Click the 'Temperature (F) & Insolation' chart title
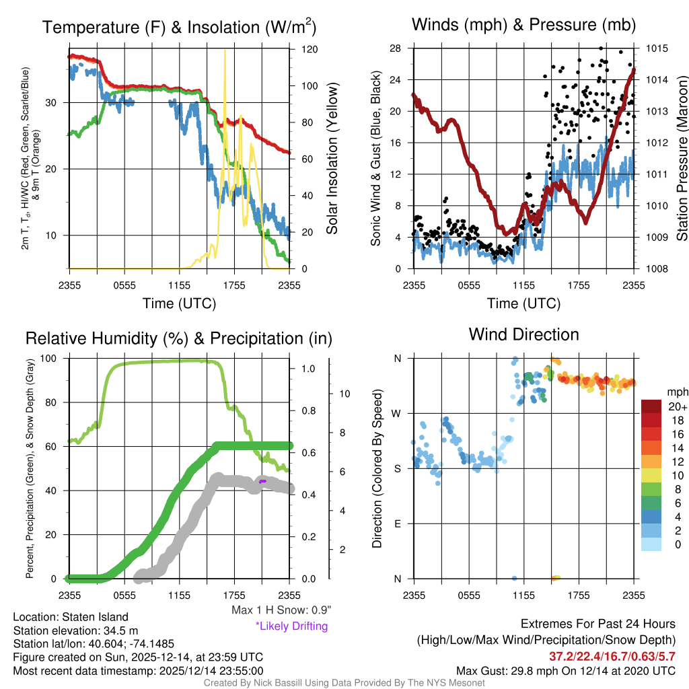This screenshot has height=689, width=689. pos(179,27)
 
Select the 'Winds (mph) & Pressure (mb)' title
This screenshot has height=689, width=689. pos(523,26)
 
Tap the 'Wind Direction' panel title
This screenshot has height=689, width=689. pos(523,334)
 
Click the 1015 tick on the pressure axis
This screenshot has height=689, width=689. pos(656,48)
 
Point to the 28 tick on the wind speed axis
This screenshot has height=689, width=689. pos(396,48)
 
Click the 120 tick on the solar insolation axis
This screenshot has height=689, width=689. pos(310,50)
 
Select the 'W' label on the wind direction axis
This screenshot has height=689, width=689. pos(397,414)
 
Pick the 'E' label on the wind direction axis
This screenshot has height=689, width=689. pos(398,523)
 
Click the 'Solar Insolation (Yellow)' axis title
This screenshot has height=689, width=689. pos(332,158)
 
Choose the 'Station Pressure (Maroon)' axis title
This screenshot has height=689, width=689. pos(681,158)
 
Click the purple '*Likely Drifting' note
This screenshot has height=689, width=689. pos(291,626)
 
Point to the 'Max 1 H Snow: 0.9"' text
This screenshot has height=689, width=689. pos(281,610)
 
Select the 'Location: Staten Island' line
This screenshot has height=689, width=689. pos(71,617)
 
